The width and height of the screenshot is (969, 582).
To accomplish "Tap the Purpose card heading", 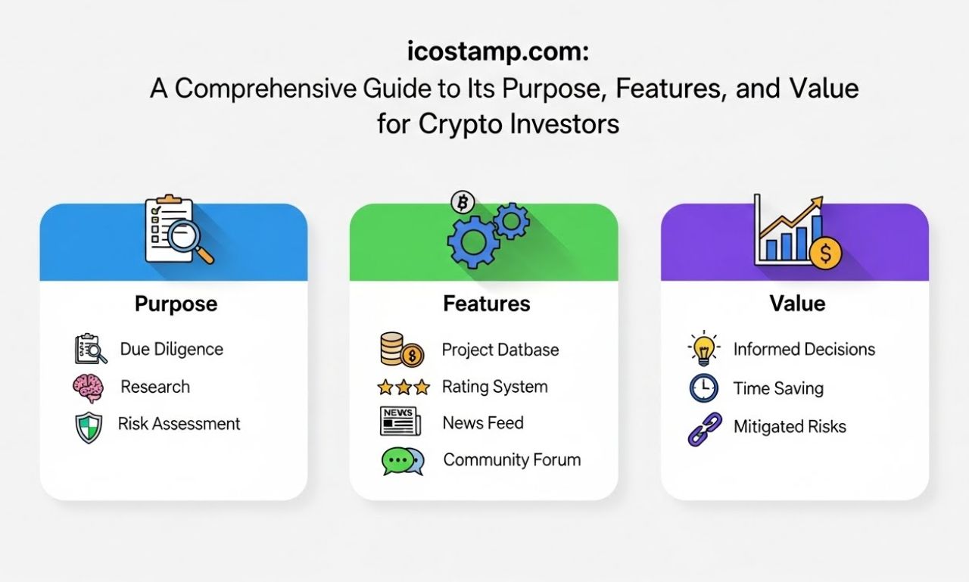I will click(176, 304).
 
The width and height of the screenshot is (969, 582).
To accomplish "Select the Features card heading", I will click(486, 304).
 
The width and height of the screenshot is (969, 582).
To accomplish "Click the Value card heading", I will click(796, 303).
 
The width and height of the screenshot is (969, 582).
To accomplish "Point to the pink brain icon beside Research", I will click(87, 387).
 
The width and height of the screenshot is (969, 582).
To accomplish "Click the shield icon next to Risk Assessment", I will click(88, 426).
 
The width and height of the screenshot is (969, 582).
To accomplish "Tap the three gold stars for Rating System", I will click(403, 387).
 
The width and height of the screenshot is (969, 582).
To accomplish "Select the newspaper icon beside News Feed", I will click(399, 422).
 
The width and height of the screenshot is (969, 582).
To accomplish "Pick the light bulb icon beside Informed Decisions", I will click(703, 348).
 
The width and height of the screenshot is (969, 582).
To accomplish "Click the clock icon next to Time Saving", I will click(703, 388).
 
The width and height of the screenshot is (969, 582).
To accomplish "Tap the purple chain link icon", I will click(704, 428).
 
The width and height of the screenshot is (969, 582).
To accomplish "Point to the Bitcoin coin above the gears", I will click(461, 203).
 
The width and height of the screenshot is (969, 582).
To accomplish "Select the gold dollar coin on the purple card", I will click(824, 254).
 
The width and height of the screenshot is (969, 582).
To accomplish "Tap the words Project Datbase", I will click(500, 350).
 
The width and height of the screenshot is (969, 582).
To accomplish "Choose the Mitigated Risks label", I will click(790, 427).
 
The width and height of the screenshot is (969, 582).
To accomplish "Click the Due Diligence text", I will click(172, 350).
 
